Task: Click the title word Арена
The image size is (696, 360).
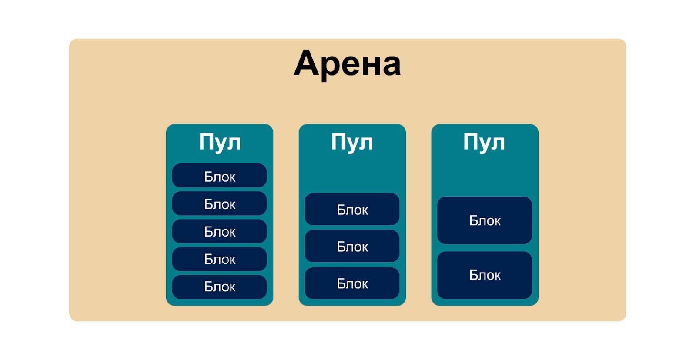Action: [x=347, y=64]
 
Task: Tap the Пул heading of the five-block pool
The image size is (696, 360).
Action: [x=220, y=142]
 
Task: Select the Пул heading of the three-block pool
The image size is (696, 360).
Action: [x=352, y=142]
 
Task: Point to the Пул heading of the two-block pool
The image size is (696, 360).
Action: [x=484, y=142]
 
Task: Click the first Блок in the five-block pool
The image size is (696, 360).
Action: [x=220, y=176]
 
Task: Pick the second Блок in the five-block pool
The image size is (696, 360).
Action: [x=220, y=203]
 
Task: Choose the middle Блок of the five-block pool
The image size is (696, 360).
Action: [x=220, y=231]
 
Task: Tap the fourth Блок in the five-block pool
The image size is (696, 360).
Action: [x=220, y=259]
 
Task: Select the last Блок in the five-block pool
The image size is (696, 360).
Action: [x=220, y=287]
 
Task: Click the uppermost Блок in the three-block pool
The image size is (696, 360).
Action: [x=352, y=210]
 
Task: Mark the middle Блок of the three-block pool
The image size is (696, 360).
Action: [x=352, y=247]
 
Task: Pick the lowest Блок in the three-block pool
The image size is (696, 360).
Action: [x=352, y=283]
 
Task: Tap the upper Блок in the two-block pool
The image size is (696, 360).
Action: [x=485, y=220]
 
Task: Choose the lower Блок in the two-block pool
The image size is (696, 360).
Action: [x=485, y=275]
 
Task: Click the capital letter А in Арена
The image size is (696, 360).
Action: [x=308, y=63]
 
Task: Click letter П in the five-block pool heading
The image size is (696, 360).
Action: [x=206, y=142]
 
